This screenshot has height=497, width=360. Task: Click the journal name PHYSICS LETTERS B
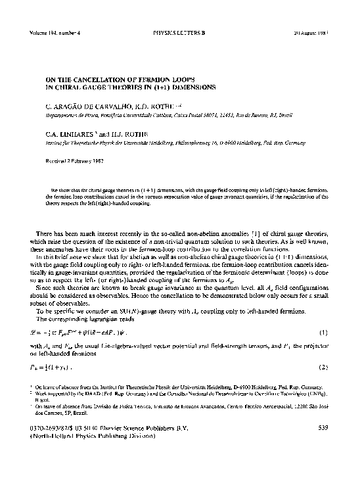click(179, 31)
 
